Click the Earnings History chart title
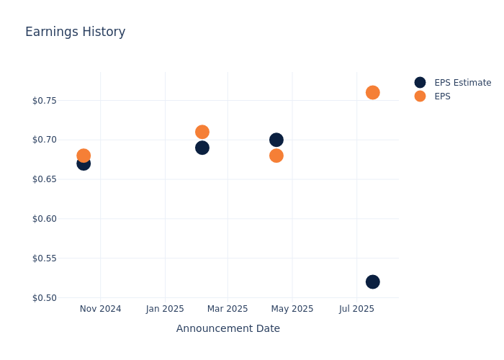(75, 32)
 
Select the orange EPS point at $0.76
(372, 92)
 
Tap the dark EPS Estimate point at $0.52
(372, 282)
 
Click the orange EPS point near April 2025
(276, 156)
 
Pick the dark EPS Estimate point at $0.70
(276, 140)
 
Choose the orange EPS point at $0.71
(202, 132)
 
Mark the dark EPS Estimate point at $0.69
(202, 148)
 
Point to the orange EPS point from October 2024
(84, 156)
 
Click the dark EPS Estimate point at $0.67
(84, 163)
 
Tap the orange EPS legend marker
(420, 96)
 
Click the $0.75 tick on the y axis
(45, 100)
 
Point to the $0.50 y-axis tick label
(45, 297)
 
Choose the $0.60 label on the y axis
(45, 218)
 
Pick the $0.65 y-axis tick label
(45, 179)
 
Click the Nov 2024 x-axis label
(100, 309)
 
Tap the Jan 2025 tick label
(165, 309)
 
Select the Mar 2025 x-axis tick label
(228, 309)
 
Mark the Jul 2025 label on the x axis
(356, 309)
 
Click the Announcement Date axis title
(228, 328)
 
